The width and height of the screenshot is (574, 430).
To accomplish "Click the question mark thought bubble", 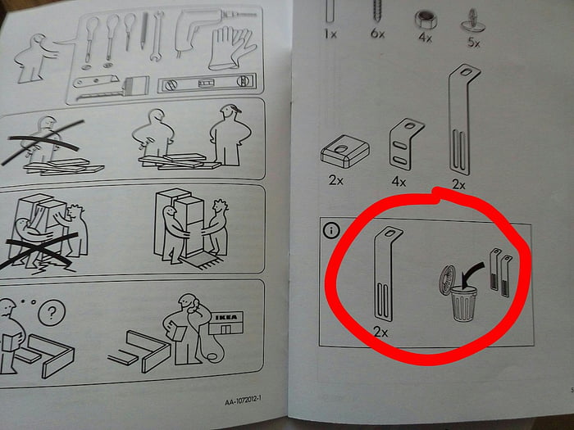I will point(52,312).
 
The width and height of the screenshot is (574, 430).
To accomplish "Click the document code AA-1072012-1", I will point(246,402).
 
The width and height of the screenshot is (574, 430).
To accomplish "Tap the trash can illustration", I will point(460,307).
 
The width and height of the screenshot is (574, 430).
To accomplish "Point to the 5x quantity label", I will point(473,43).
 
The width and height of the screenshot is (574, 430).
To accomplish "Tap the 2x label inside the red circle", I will point(380,332).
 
